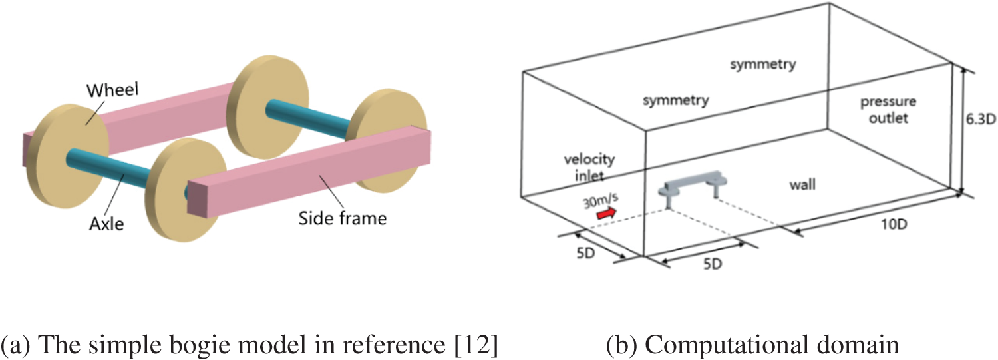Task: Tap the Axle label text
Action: [x=107, y=224]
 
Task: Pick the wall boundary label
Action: [x=802, y=184]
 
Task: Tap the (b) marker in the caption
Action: [x=621, y=345]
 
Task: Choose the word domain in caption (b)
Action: [x=865, y=345]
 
